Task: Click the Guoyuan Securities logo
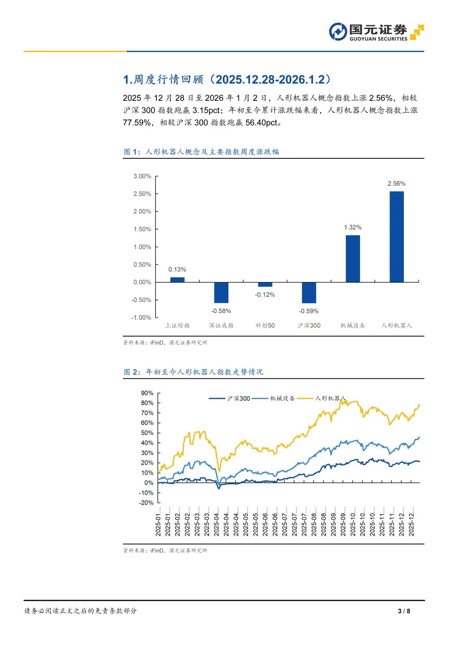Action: point(376,32)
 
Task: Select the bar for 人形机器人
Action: point(396,237)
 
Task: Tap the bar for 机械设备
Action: point(353,259)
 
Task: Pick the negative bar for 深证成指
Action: point(221,292)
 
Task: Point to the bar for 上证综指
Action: point(177,280)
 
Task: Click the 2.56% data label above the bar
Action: point(396,184)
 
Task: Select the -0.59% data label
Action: point(309,311)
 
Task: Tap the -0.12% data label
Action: point(265,295)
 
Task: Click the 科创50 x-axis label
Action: point(265,325)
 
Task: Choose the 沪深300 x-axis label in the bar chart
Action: point(309,325)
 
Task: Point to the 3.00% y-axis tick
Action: point(142,176)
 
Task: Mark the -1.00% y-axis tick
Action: point(141,317)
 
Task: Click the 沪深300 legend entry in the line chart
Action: point(230,398)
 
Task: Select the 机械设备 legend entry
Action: point(274,398)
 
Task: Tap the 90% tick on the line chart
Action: point(147,393)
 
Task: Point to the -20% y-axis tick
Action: point(146,503)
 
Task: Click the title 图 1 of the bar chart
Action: point(201,152)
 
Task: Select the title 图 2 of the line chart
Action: point(193,372)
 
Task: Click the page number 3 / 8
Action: point(404,611)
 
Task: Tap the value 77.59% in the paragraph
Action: point(137,123)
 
